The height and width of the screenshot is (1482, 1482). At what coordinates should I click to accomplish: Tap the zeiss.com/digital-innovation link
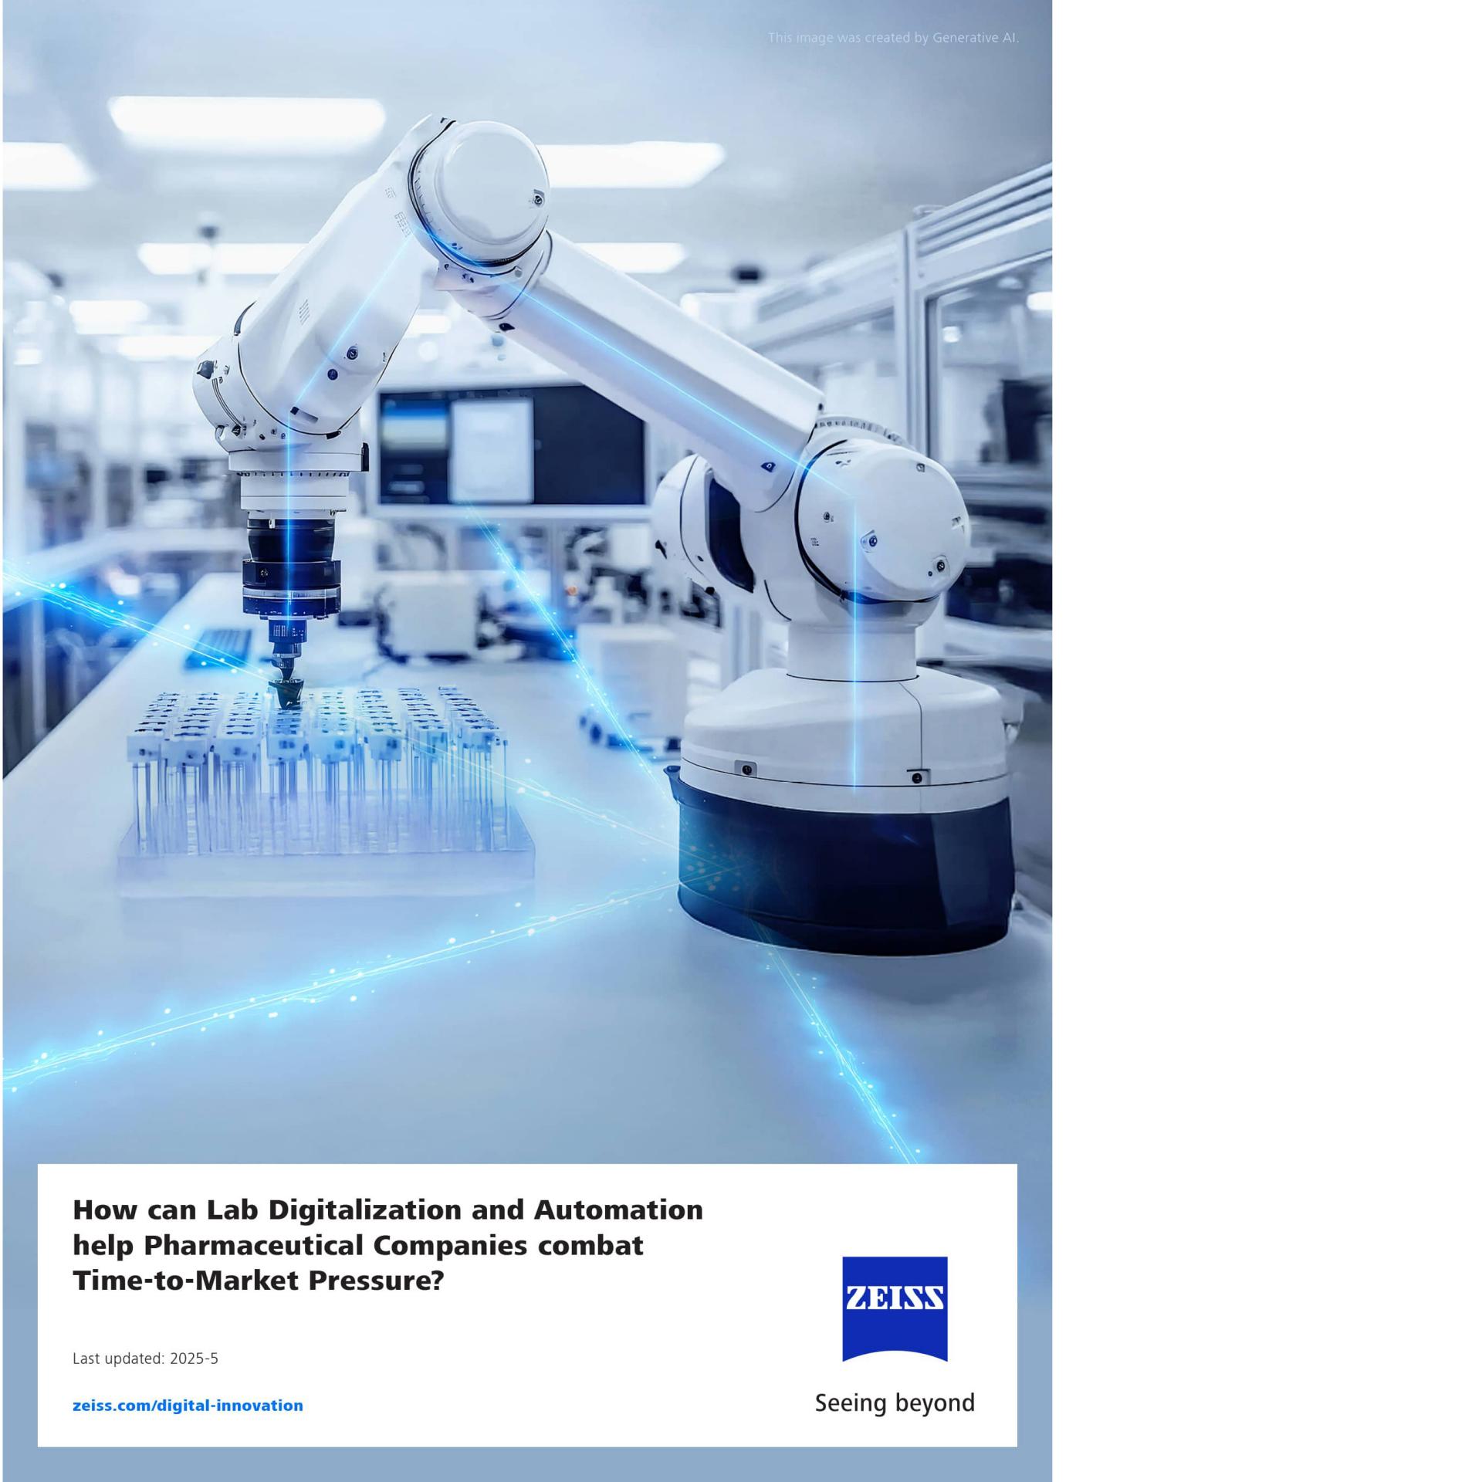[x=188, y=1405]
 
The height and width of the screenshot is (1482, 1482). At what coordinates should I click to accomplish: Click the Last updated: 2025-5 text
[x=145, y=1358]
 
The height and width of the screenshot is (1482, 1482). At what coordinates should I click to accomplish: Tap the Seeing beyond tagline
[x=895, y=1402]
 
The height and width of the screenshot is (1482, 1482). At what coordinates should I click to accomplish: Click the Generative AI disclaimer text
[x=893, y=37]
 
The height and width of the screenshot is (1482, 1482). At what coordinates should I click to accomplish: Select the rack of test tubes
[x=324, y=780]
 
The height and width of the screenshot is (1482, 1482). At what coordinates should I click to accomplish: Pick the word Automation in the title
[x=618, y=1210]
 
